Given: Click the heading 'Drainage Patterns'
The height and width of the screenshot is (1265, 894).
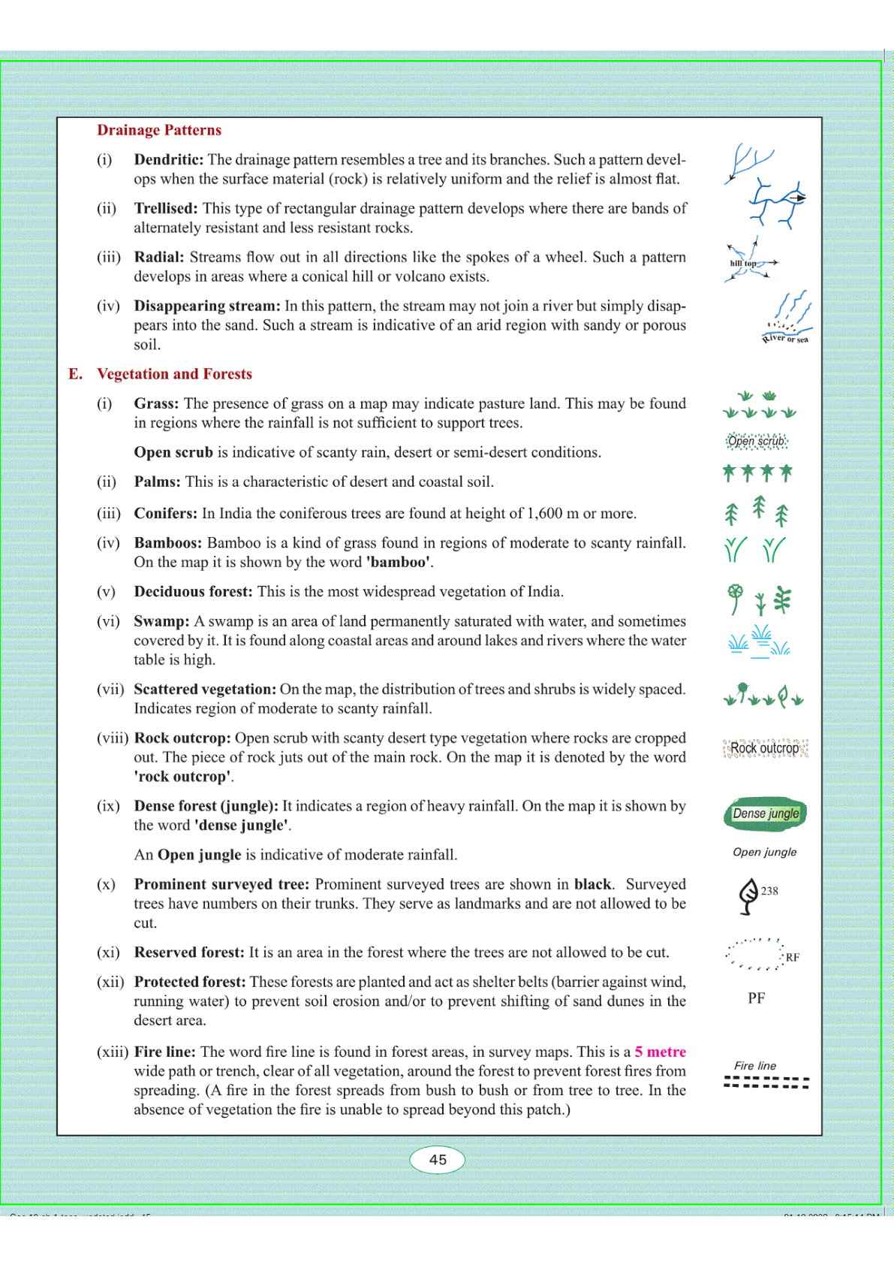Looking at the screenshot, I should pos(159,130).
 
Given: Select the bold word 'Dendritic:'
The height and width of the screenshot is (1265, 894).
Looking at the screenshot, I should pos(168,159).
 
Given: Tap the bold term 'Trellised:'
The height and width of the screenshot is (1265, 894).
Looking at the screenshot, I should pos(165,208).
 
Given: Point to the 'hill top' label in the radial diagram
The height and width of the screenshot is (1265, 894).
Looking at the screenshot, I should pos(742,264).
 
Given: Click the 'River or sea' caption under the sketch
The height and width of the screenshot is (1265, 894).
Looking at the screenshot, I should pos(786,339).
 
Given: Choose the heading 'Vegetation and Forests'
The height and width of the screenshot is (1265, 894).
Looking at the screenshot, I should pos(174,374).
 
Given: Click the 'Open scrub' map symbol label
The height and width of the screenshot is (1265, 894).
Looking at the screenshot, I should pos(757,441).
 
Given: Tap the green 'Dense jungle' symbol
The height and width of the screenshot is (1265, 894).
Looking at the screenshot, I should pos(765,814).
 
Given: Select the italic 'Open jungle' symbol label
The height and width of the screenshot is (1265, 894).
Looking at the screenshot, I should pos(764,852).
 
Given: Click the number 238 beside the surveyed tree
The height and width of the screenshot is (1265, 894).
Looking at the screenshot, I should pos(769,891).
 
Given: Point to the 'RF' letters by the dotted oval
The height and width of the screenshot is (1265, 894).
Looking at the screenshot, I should pos(793,958).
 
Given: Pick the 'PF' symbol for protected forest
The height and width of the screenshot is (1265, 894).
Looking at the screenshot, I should pos(756,998).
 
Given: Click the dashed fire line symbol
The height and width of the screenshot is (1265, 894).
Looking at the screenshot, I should pos(766,1083).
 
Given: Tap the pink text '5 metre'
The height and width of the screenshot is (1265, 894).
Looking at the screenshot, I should pos(660,1052).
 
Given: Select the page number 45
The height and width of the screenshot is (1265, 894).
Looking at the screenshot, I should pos(438,1160).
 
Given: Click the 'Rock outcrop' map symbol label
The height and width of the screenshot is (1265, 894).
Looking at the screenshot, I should pos(765,748).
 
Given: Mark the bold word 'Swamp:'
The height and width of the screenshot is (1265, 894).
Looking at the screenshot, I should pos(161,621).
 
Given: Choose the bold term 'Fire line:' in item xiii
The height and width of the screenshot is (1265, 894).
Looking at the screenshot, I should pos(164,1052).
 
